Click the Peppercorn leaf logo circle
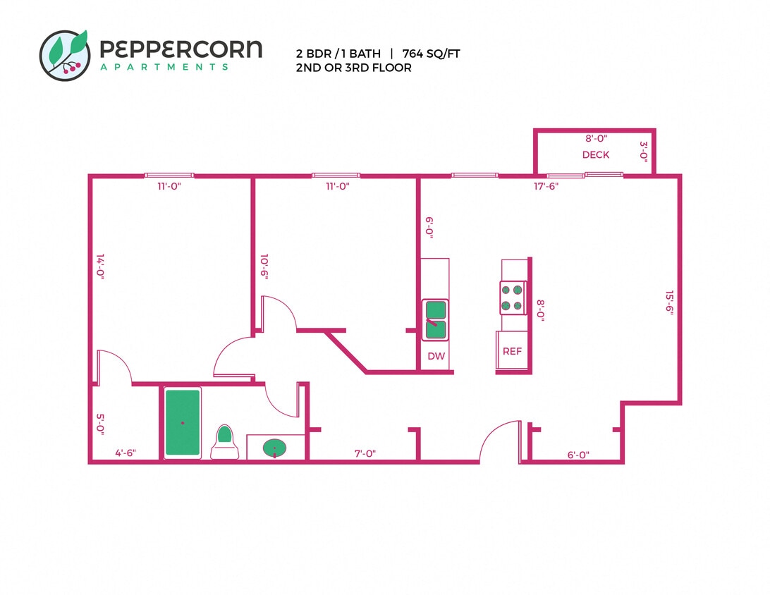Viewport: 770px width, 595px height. pos(65,55)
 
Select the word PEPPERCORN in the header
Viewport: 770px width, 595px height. pos(181,49)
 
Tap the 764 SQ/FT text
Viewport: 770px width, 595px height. pos(431,54)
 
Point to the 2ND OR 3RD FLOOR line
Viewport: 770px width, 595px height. pos(353,68)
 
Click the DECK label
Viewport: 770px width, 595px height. pos(596,155)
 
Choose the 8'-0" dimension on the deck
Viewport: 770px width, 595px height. pos(596,140)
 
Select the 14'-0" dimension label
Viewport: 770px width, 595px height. pos(100,268)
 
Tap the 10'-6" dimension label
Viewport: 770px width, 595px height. pos(264,268)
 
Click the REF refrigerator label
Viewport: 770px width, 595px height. pos(513,351)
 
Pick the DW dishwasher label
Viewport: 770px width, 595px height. pos(436,357)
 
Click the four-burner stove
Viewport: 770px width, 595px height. pos(513,297)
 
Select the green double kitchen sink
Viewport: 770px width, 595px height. pos(436,319)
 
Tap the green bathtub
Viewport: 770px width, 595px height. pos(183,422)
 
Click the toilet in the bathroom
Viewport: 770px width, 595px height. pos(224,442)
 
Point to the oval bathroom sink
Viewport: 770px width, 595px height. pos(274,448)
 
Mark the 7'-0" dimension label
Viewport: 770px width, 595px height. pos(365,455)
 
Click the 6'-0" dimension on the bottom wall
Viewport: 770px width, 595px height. pos(578,455)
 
